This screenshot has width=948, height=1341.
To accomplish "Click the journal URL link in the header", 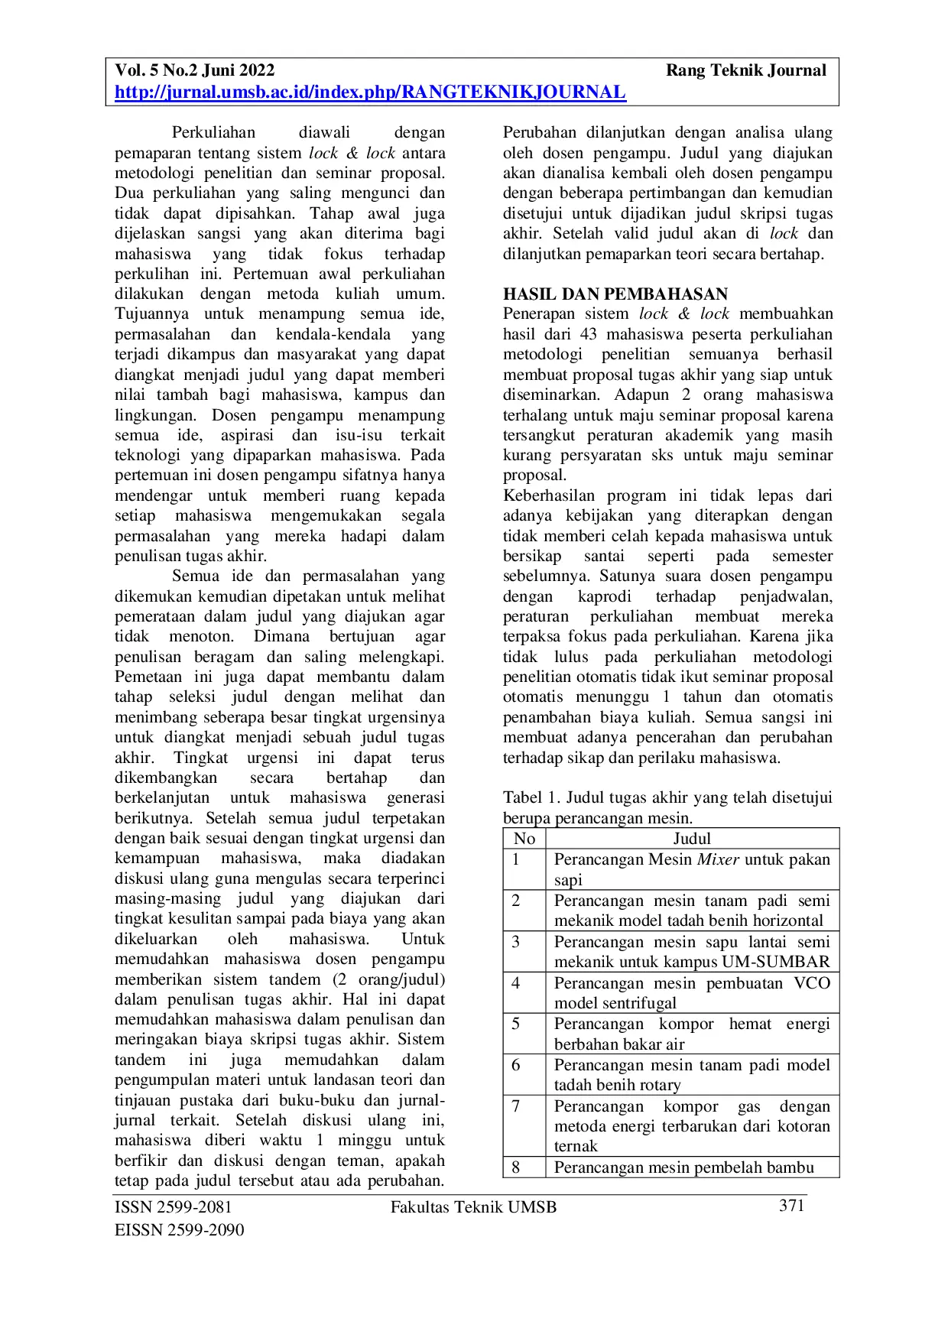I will click(370, 93).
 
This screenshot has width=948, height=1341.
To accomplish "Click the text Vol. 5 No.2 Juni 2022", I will click(195, 70).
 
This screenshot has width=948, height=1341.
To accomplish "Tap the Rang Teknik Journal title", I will click(745, 70).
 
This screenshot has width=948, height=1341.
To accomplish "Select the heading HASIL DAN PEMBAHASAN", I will click(615, 294).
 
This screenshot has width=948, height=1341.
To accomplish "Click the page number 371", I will click(791, 1206).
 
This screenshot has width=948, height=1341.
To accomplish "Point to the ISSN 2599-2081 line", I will click(174, 1207).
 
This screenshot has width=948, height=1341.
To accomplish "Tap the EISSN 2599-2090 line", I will click(180, 1230).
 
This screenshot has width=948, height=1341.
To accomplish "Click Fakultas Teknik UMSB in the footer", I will click(473, 1207).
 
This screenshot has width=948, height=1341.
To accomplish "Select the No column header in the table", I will click(524, 839).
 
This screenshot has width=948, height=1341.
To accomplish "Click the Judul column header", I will click(692, 839).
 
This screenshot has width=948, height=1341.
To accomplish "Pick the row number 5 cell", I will click(516, 1024).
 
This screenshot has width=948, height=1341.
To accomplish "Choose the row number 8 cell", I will click(516, 1167).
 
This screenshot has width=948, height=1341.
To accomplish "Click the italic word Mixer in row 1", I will click(718, 859).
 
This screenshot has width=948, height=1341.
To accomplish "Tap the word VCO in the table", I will click(812, 983).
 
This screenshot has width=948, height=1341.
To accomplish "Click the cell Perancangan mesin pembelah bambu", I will click(684, 1167).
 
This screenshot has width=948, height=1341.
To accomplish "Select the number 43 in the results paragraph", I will click(588, 334).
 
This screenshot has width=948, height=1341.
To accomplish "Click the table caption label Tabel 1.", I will click(531, 797).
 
